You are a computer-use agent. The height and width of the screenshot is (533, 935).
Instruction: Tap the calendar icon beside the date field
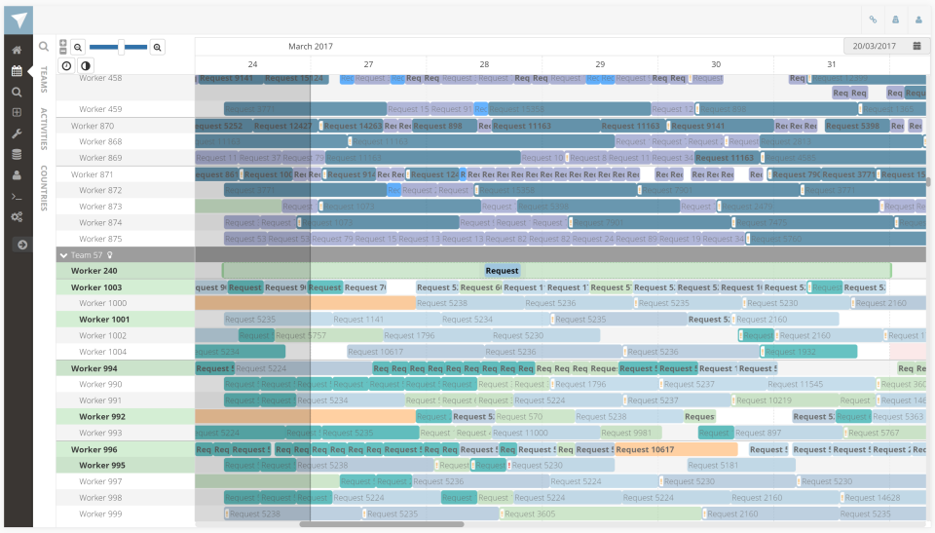coord(916,46)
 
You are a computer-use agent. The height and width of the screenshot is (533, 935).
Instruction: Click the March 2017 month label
coord(310,46)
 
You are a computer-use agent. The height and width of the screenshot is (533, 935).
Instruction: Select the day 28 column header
coord(484,64)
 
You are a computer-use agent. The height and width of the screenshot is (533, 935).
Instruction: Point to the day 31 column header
coord(831,64)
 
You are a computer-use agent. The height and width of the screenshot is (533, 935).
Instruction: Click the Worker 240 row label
coord(94,271)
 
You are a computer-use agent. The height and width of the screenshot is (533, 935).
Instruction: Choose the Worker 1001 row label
coord(104,320)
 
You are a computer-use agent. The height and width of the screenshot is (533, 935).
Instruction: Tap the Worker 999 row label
coord(100,514)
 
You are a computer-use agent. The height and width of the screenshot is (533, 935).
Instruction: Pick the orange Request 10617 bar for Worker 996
coord(645,450)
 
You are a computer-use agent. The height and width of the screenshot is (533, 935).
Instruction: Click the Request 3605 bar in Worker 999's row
coord(531,514)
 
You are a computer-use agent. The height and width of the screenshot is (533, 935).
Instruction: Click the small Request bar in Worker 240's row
coord(502,271)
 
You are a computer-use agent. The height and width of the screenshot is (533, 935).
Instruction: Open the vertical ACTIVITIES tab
coord(44,130)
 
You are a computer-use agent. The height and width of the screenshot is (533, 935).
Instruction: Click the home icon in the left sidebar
coord(17,50)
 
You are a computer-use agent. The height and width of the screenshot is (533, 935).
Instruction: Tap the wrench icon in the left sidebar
coord(17,133)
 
